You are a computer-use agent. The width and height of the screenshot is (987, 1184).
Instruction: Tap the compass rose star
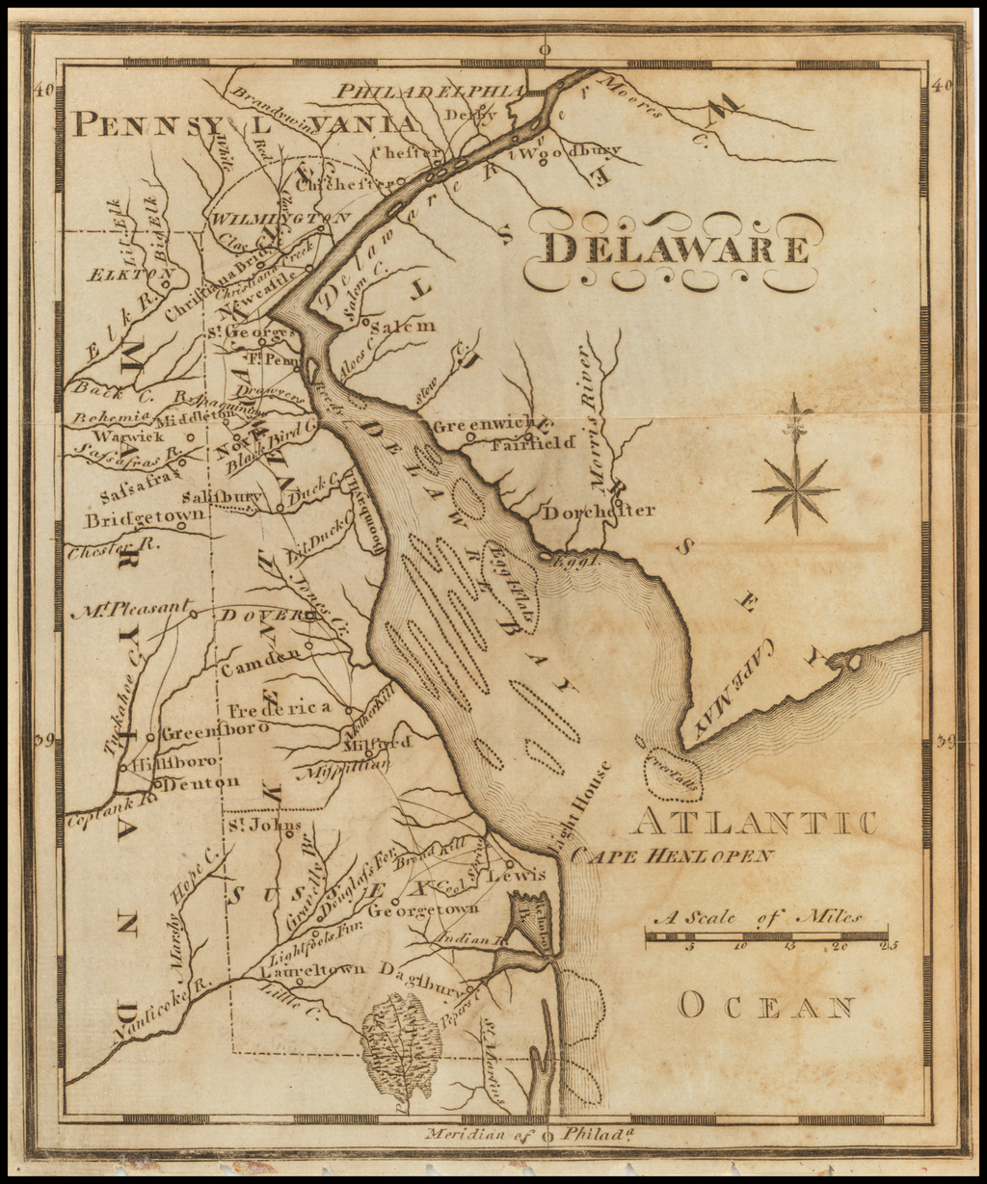click(x=795, y=490)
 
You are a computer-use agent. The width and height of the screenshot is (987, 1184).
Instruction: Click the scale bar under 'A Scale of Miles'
click(x=767, y=935)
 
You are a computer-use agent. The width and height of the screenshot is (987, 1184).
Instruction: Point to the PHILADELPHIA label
click(x=430, y=91)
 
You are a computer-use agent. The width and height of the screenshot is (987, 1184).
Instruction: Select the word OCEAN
click(x=766, y=1008)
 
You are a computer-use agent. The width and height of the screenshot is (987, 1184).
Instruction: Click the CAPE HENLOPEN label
click(x=672, y=855)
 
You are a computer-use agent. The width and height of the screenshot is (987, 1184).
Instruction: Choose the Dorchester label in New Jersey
click(x=598, y=511)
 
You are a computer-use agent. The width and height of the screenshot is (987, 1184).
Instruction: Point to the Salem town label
click(x=403, y=327)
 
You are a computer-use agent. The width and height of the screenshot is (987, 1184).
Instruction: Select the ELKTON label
click(x=123, y=275)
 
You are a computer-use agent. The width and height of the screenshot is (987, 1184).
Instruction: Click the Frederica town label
click(x=280, y=709)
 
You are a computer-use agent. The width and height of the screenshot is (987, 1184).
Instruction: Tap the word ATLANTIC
click(x=754, y=823)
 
